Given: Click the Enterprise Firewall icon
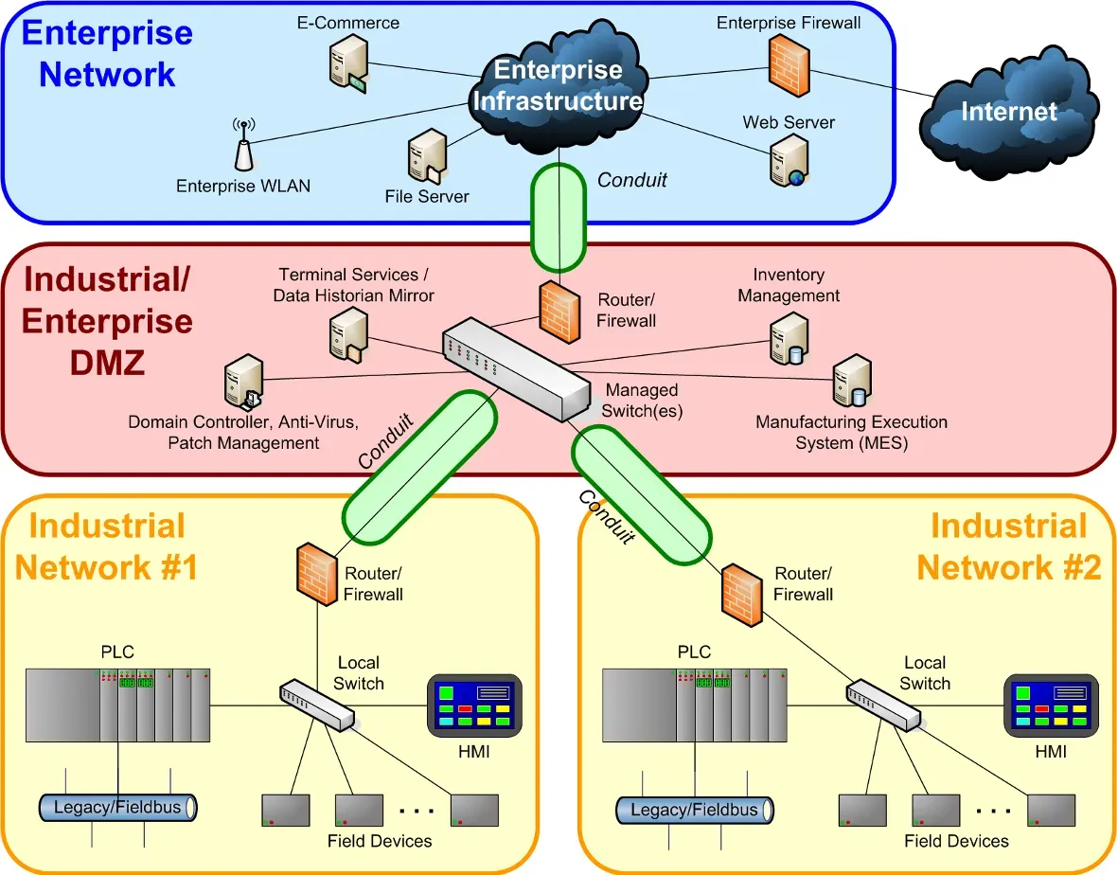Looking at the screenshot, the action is coord(790,66).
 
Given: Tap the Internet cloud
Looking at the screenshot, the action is coord(1008,113).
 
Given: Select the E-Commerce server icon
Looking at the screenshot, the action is coord(348,64).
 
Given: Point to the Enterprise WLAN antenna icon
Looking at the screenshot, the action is coord(244,145).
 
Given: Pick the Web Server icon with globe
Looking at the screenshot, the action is coord(790,162).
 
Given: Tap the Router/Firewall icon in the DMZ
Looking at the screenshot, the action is coord(559,312).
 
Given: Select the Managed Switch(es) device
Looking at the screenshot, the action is coord(517,368).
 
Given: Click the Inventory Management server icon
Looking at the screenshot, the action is coord(790,339).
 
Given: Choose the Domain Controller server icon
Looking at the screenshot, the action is coord(244,383).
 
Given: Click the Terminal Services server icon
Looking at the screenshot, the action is coord(348,337).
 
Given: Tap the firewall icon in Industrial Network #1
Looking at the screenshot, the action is coord(316,574).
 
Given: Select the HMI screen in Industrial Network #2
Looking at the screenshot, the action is coord(1051,706).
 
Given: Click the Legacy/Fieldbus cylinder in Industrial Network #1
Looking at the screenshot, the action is coord(117,808).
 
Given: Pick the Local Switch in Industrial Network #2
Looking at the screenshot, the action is coord(883,705).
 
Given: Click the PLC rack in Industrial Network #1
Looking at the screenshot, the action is coord(117,705).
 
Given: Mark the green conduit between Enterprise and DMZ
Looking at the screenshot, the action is coord(559,218).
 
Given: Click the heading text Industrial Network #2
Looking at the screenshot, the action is coord(1009,547).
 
